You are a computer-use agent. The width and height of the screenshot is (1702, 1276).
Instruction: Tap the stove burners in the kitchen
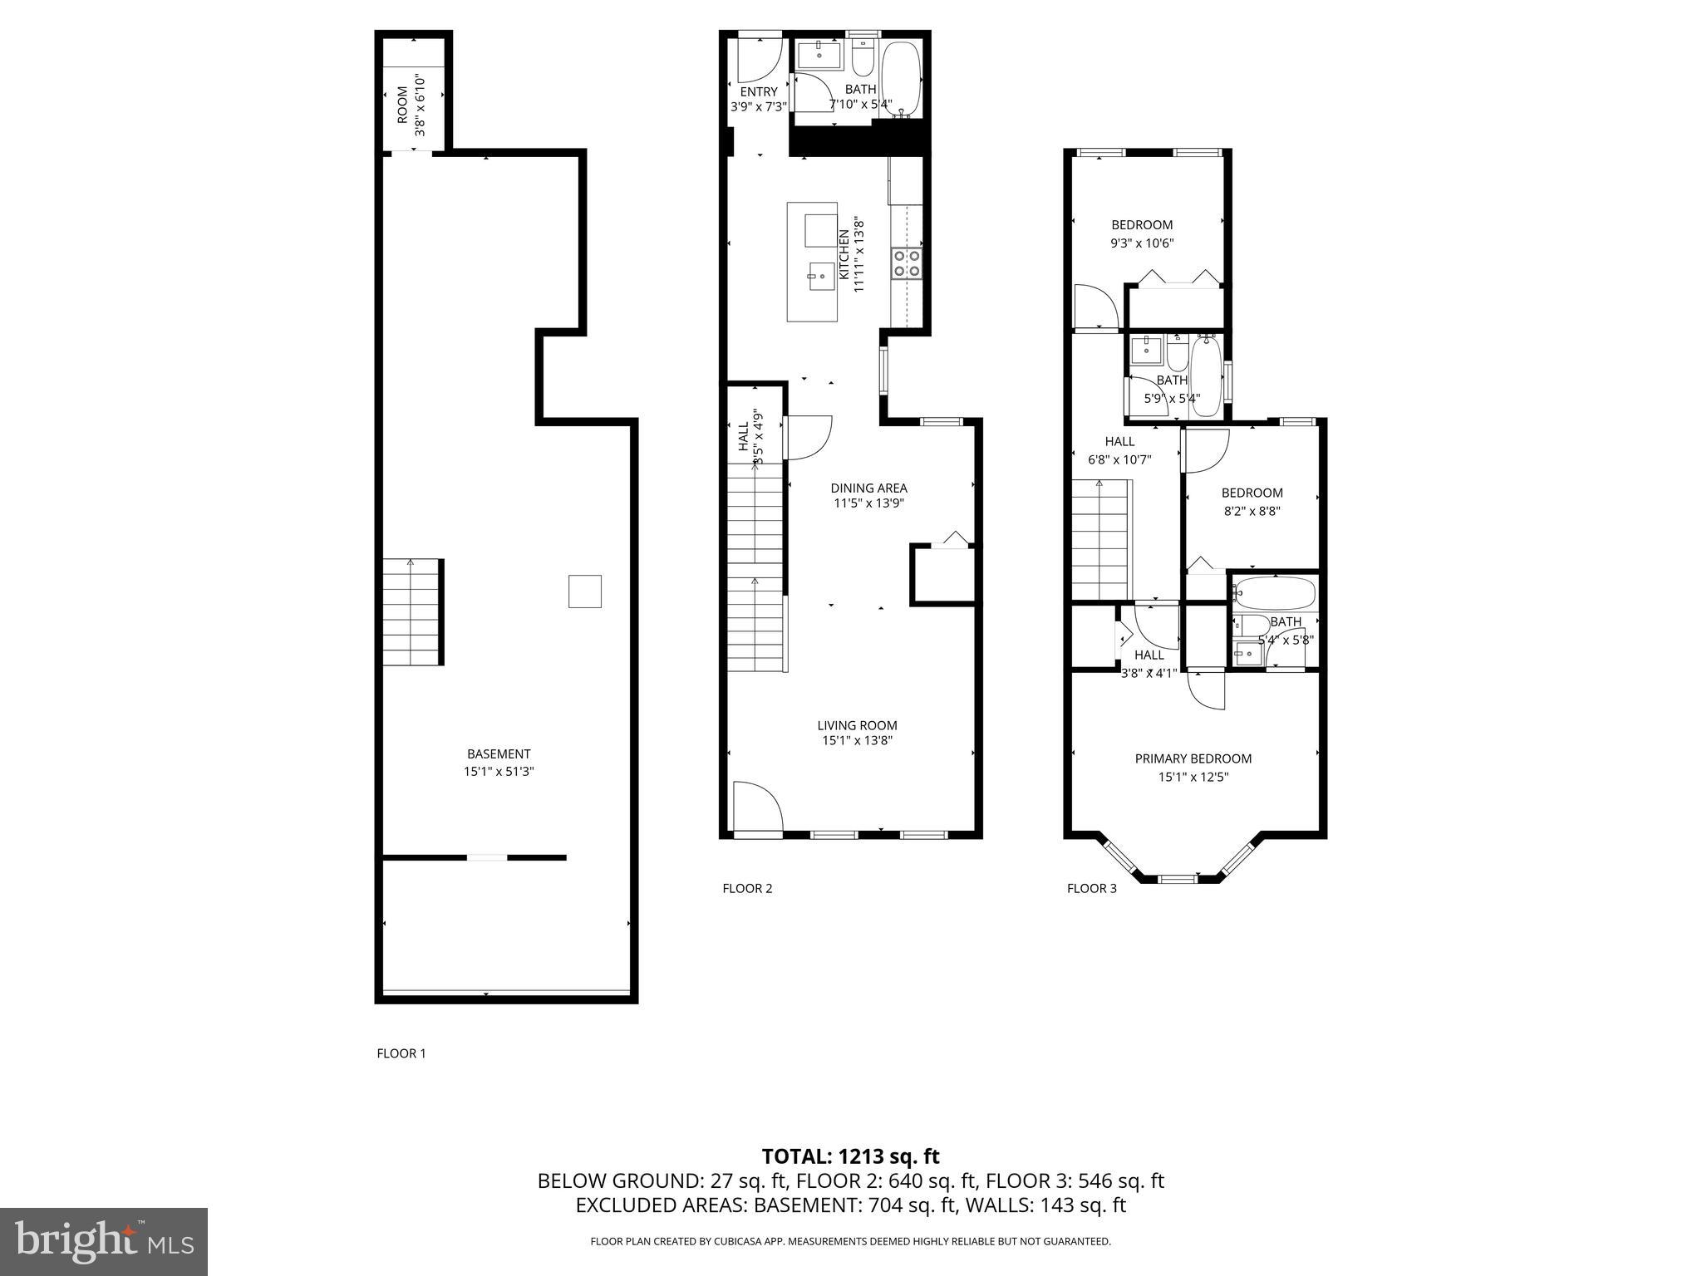click(906, 263)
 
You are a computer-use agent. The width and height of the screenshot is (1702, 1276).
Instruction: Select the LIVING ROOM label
click(857, 725)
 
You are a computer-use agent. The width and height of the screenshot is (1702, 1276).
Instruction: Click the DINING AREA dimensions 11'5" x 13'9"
click(868, 503)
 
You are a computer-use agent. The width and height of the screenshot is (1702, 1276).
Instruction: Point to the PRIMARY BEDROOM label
click(1193, 758)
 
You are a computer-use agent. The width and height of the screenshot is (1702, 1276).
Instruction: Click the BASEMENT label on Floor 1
click(499, 754)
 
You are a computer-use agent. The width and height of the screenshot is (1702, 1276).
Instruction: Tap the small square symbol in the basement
click(584, 591)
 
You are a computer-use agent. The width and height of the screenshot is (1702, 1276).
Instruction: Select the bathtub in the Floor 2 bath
click(900, 78)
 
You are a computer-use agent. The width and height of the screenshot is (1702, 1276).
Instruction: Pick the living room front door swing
click(756, 806)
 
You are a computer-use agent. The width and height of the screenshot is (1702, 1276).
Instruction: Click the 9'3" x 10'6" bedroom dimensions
click(1142, 243)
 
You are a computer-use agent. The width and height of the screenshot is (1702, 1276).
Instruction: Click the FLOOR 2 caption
click(747, 889)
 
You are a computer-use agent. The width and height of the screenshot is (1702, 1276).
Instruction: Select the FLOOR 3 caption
click(1091, 889)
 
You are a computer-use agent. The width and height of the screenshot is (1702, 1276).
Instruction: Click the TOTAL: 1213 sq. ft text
click(850, 1156)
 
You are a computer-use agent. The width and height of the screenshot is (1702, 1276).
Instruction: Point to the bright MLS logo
click(104, 1241)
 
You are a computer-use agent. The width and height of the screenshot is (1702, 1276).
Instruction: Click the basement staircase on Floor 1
click(412, 613)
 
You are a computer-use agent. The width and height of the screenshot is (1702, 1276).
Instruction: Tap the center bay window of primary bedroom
click(1178, 878)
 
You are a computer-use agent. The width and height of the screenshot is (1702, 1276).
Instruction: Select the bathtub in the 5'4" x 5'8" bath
click(1274, 593)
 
